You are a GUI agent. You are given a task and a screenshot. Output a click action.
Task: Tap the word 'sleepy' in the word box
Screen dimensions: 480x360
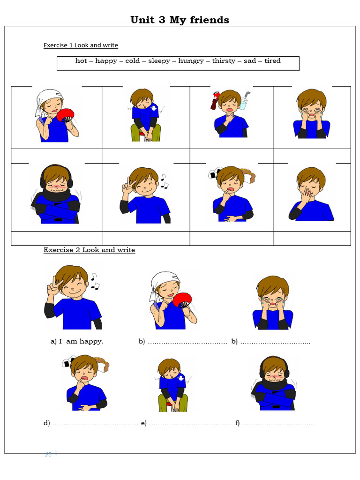coord(159,61)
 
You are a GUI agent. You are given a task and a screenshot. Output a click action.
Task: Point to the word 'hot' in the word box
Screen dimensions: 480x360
coord(81,61)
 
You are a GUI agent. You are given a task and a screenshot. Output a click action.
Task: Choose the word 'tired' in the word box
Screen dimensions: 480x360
coord(272,61)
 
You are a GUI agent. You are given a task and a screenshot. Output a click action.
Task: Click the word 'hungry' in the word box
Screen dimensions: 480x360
coord(191,61)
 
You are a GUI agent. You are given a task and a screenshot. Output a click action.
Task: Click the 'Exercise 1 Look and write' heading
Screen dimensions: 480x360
coord(81,45)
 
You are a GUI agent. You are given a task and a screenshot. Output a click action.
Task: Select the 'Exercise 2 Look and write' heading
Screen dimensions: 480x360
coord(89,250)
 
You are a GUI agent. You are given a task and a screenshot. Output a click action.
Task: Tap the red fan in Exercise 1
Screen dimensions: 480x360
coord(66,115)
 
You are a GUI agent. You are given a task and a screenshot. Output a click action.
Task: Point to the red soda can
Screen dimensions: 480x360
coord(215,99)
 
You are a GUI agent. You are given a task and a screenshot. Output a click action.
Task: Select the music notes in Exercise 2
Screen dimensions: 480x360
coord(95,281)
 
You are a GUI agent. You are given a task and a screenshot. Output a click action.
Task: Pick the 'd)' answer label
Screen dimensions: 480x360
coord(47,423)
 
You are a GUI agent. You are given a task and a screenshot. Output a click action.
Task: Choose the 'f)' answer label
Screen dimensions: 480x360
coord(238,423)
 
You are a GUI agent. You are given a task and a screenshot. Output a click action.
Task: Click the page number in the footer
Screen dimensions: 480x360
coord(51,454)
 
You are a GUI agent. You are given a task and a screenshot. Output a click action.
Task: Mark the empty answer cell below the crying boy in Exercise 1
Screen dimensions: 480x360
coord(312,155)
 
